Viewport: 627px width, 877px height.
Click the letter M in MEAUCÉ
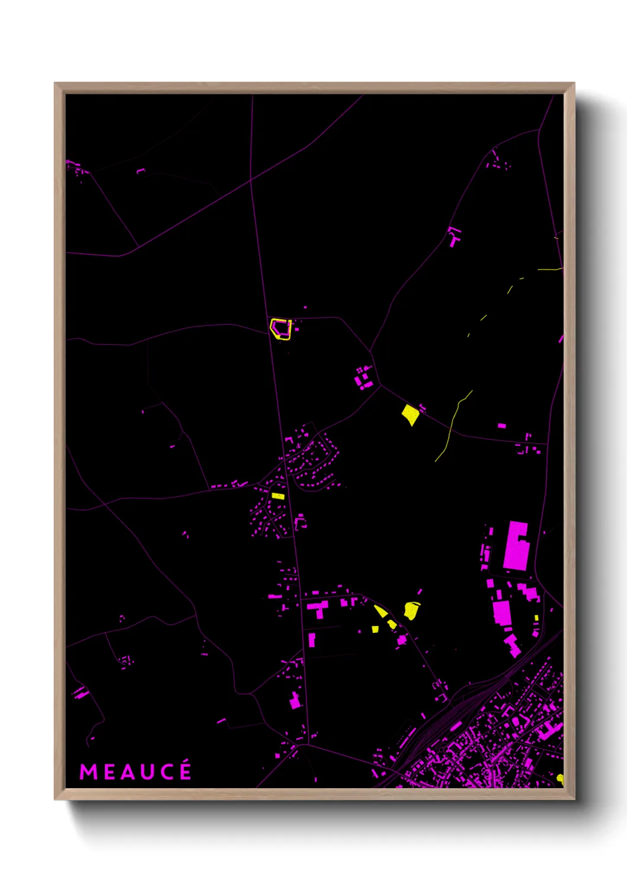coord(88,772)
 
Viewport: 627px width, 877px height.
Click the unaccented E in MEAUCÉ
coord(108,772)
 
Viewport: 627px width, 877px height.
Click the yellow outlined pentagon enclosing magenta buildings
coord(281,329)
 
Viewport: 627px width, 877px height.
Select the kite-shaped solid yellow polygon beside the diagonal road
coord(410,414)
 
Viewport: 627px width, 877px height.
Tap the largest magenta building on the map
coord(516,546)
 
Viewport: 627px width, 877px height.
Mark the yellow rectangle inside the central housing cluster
coord(278,496)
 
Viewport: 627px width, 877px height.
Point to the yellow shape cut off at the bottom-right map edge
coord(560,778)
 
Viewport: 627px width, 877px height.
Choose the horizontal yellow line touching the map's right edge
coord(549,270)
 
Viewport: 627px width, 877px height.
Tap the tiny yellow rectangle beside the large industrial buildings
coord(536,618)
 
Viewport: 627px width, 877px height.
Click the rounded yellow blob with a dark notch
coord(411,610)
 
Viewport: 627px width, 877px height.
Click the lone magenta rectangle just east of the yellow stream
coord(501,425)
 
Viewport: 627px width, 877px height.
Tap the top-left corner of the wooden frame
coord(56,84)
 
